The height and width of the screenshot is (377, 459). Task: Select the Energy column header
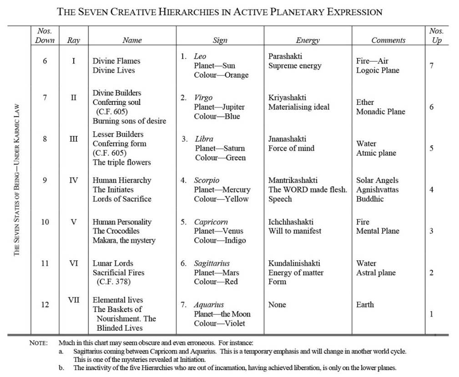[x=308, y=40]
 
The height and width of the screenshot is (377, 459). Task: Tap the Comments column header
[x=388, y=40]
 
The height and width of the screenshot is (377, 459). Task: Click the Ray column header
[x=73, y=40]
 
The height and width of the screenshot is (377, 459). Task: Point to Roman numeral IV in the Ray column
[x=73, y=180]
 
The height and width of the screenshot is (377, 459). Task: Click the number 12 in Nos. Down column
[x=45, y=304]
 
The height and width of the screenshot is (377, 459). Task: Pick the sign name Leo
[x=200, y=56]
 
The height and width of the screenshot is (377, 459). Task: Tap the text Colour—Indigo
[x=220, y=240]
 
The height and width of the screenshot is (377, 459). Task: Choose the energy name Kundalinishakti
[x=294, y=263]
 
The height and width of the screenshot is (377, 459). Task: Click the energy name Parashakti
[x=285, y=56]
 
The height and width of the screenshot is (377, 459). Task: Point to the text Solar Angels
[x=377, y=180]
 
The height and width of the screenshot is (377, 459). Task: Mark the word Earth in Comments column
[x=365, y=304]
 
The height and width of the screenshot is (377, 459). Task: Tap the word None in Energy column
[x=277, y=304]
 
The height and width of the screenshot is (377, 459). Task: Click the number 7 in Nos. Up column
[x=431, y=65]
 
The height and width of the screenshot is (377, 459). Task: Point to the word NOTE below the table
[x=38, y=343]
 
